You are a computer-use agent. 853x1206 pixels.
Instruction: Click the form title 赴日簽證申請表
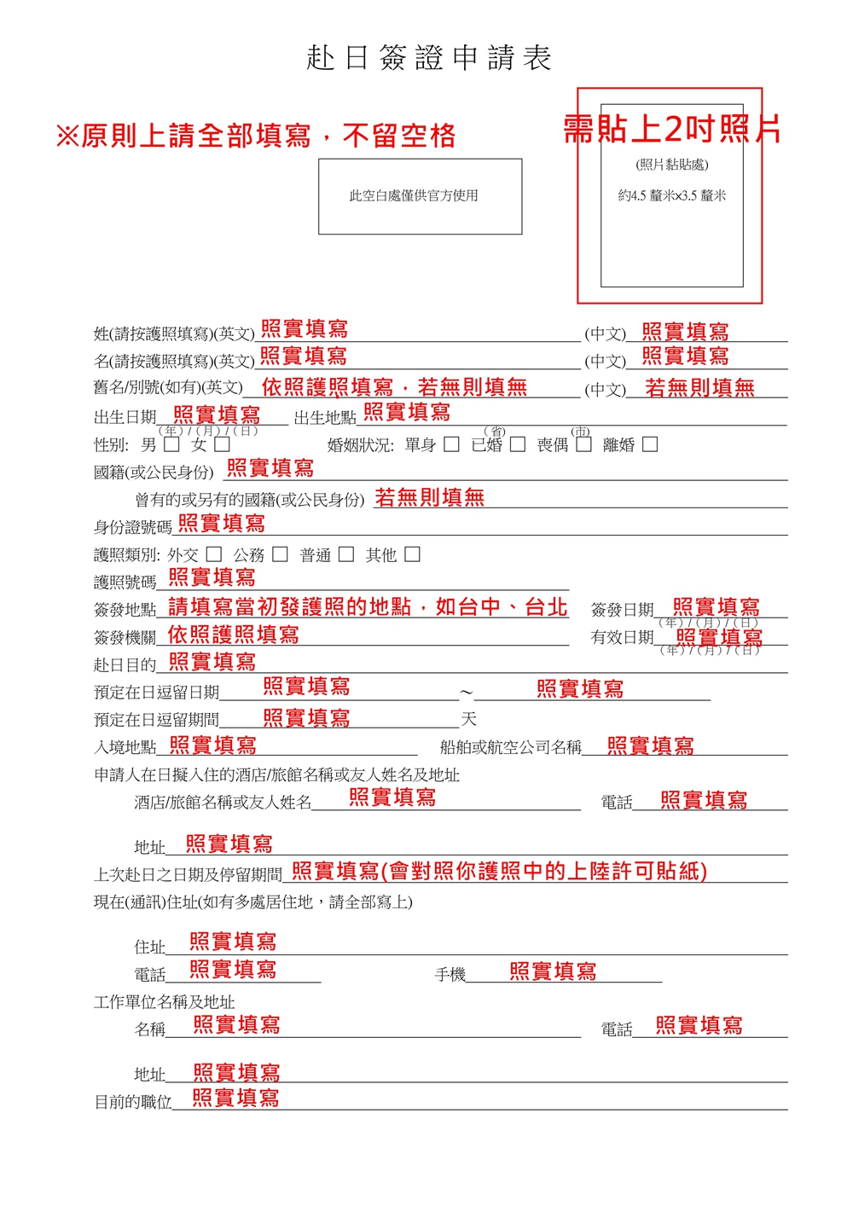tap(429, 58)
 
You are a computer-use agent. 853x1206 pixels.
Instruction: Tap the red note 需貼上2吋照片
tap(671, 129)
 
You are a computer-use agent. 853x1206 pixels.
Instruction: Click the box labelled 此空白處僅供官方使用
tap(420, 196)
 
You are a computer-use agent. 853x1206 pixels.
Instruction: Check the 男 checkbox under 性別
tap(171, 444)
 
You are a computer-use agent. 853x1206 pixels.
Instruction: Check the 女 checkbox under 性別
tap(223, 444)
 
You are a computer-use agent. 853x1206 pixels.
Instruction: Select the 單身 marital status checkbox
tap(452, 444)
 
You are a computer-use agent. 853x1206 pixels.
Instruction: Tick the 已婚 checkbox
tap(518, 444)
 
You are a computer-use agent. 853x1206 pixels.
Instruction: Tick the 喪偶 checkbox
tap(583, 444)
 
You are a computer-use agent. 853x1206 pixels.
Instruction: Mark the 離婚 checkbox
tap(650, 444)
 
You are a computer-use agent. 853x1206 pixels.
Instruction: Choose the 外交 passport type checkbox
tap(214, 554)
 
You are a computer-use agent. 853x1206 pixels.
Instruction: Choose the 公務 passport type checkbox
tap(280, 554)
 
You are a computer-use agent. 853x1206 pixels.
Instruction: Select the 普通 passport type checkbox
tap(346, 554)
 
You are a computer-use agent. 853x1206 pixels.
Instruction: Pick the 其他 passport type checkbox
tap(412, 554)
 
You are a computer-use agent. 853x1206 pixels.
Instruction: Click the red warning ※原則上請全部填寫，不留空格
tap(256, 136)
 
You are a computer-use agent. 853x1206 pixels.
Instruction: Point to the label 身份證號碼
tap(132, 527)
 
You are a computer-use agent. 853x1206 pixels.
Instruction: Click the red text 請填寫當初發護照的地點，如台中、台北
tap(368, 607)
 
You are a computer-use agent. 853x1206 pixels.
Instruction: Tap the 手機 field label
tap(450, 974)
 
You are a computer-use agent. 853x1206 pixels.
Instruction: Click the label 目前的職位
tap(132, 1102)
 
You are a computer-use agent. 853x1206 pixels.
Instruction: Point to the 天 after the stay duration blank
tap(468, 719)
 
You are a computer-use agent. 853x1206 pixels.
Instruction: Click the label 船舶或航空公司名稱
tap(510, 748)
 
